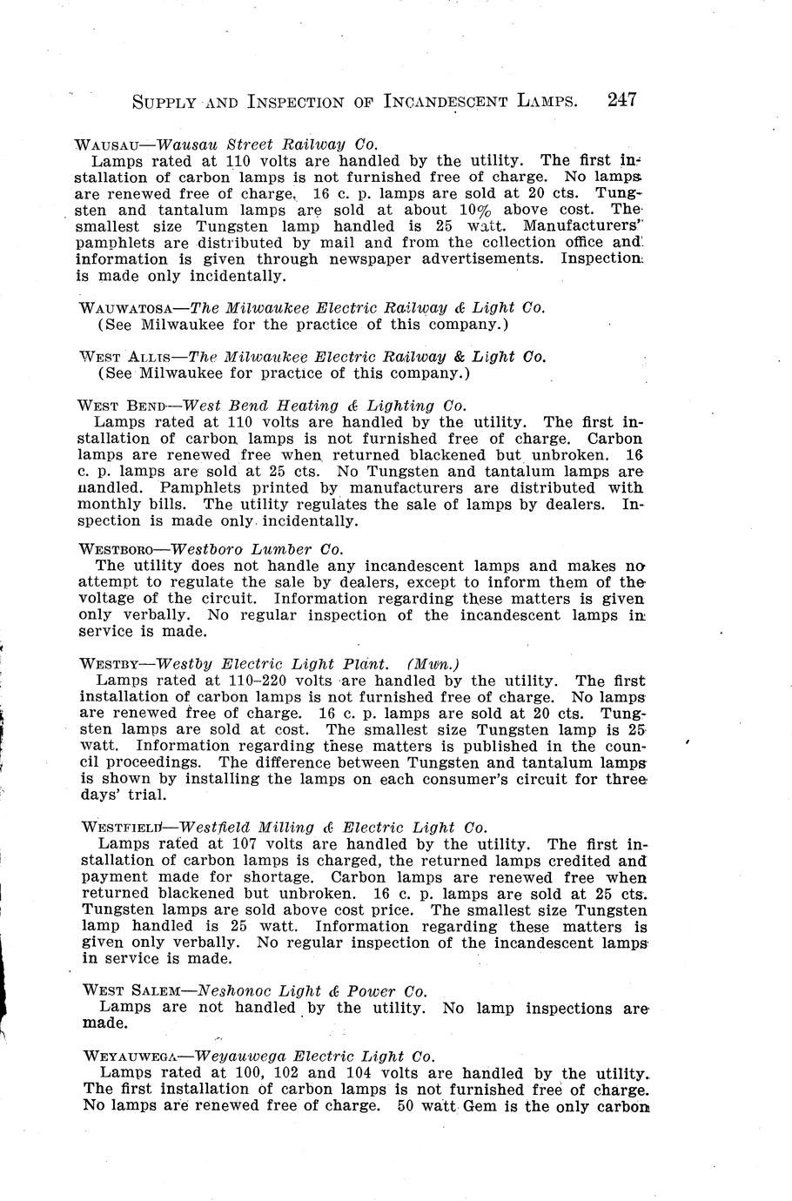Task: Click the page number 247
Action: [622, 99]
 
